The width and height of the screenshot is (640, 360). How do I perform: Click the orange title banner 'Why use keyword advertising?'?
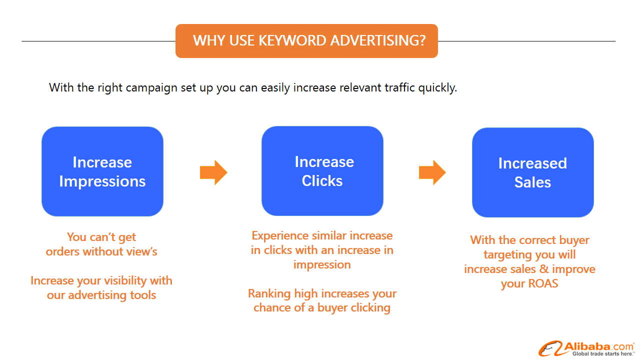[x=306, y=41]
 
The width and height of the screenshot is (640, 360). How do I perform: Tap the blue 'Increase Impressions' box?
[x=102, y=171]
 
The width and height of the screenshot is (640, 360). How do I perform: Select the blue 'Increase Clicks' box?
[x=322, y=171]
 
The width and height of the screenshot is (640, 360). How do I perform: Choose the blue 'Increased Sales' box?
[x=533, y=172]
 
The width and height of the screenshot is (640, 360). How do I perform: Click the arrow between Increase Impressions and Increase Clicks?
[x=213, y=172]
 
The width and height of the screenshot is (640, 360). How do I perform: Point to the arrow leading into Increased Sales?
[x=432, y=172]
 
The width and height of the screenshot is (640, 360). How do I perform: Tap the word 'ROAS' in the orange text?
[x=543, y=283]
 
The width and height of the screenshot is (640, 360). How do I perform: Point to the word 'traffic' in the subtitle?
[x=399, y=87]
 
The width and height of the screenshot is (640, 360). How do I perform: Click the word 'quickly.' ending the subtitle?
[x=437, y=87]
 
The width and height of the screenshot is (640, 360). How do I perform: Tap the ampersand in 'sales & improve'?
[x=543, y=269]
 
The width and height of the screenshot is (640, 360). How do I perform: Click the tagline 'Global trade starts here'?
[x=602, y=353]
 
